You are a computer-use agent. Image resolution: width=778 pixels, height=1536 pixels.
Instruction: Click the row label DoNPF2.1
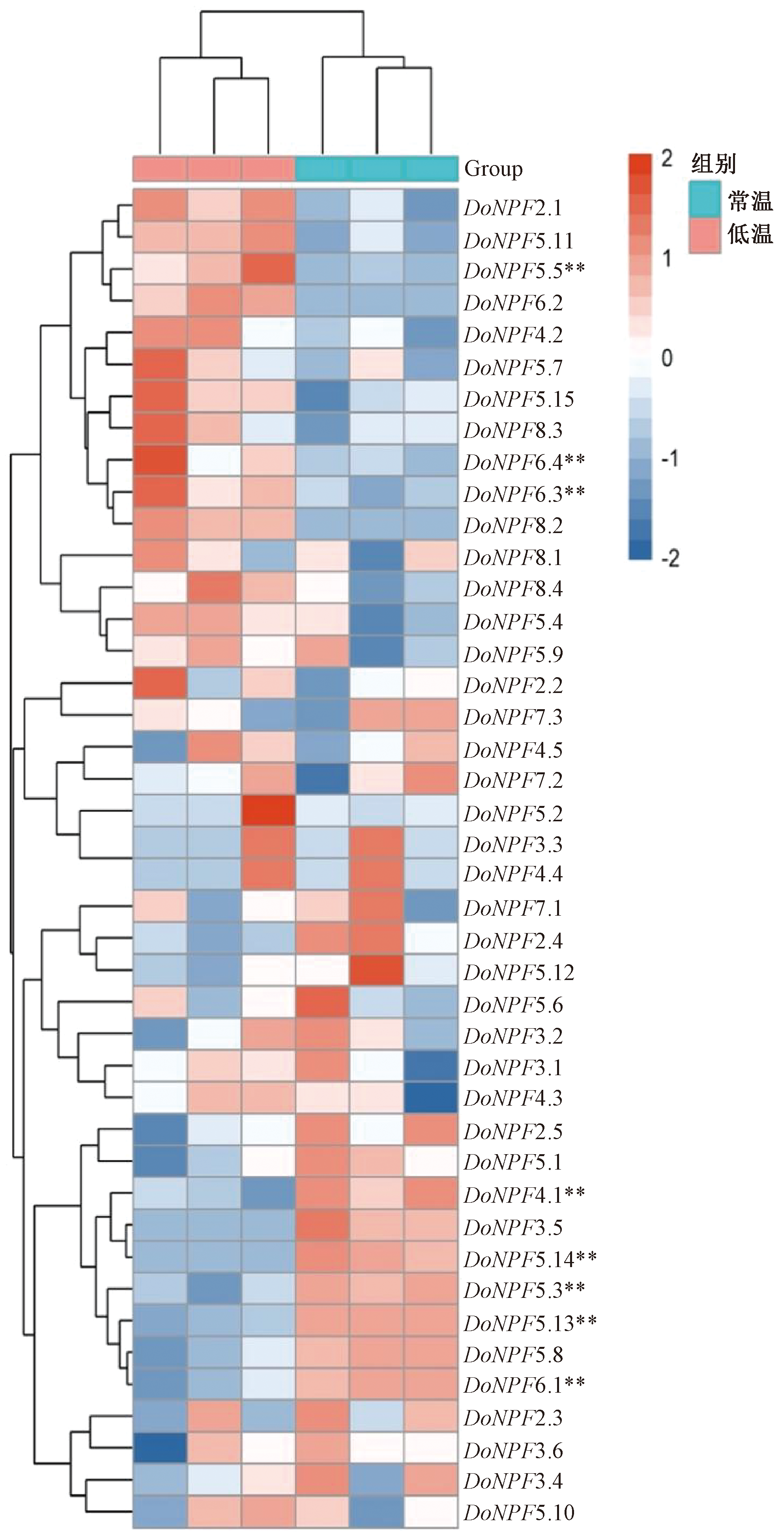click(x=512, y=208)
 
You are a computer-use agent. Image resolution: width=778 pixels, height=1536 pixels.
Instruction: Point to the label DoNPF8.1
click(x=512, y=558)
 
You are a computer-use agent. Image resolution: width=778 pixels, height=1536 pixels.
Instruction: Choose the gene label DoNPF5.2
click(x=512, y=813)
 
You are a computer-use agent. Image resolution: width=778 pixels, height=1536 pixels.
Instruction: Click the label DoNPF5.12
click(x=518, y=973)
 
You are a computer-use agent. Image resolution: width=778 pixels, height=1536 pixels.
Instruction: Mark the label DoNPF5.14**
click(x=529, y=1259)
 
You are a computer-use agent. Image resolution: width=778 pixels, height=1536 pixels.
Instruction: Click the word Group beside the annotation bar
click(x=493, y=169)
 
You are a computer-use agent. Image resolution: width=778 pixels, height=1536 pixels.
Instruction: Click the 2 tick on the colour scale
click(x=667, y=159)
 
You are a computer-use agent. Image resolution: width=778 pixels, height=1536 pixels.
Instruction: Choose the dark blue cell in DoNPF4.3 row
click(x=431, y=1098)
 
